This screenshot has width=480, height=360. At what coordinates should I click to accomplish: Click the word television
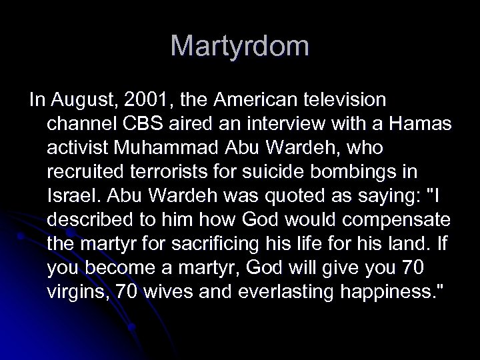click(345, 100)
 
